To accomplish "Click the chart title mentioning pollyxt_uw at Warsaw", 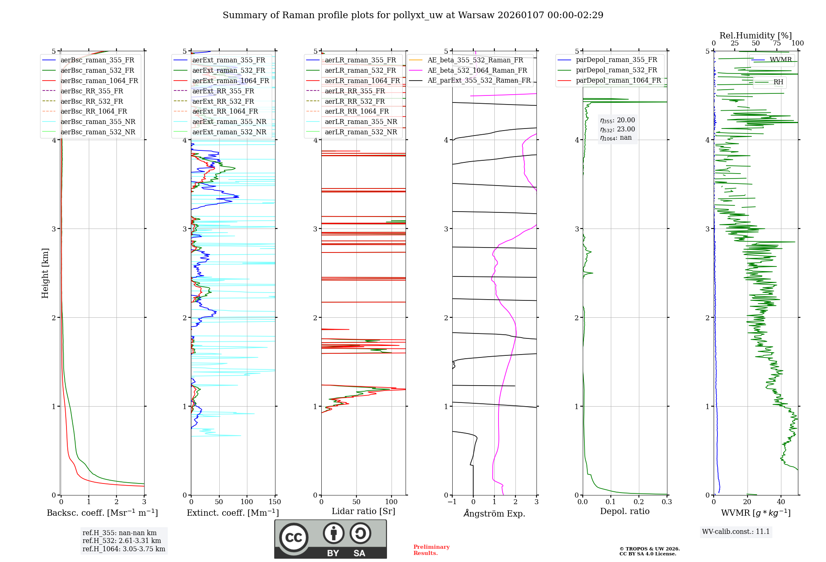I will pos(413,15).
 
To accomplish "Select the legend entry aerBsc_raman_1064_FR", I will pos(99,81).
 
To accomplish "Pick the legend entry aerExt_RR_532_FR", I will pos(223,101).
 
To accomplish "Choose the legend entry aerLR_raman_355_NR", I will pos(361,122).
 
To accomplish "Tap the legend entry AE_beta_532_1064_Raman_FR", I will pos(477,71).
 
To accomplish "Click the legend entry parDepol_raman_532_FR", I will pos(616,70).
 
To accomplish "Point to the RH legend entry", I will pos(778,82).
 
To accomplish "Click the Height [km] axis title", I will pos(45,273).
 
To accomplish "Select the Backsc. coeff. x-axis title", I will pos(102,513).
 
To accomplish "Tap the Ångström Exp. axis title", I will pos(494,514).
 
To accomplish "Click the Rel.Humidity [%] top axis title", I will pos(755,36).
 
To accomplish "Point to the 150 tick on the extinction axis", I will pos(275,502).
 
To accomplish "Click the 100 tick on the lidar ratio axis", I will pos(391,502).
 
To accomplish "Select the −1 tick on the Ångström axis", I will pos(452,502).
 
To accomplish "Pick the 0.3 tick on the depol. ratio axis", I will pos(667,502).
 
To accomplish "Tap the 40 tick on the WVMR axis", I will pos(781,502).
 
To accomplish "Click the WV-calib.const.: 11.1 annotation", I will pos(736,532).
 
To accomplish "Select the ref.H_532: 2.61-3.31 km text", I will pos(122,541).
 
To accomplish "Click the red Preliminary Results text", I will pos(431,550).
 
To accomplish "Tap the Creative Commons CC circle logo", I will pos(294,538).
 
